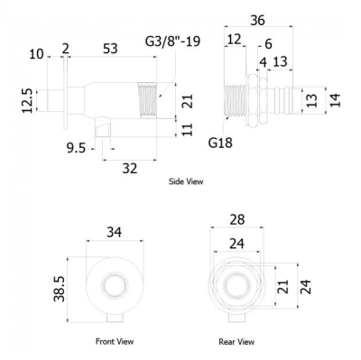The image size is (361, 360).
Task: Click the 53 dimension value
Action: pyautogui.click(x=111, y=49)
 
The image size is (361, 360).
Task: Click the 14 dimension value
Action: pyautogui.click(x=336, y=100)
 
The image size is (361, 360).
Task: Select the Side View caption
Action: pyautogui.click(x=186, y=181)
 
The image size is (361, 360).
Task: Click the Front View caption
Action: pyautogui.click(x=115, y=341)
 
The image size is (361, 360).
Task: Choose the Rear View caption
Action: pyautogui.click(x=236, y=341)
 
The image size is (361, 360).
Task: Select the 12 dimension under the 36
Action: pyautogui.click(x=235, y=40)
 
